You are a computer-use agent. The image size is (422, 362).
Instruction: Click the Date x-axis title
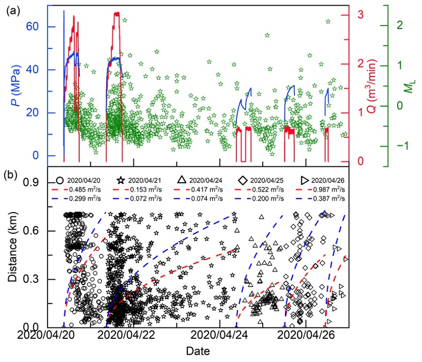(x=199, y=350)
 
